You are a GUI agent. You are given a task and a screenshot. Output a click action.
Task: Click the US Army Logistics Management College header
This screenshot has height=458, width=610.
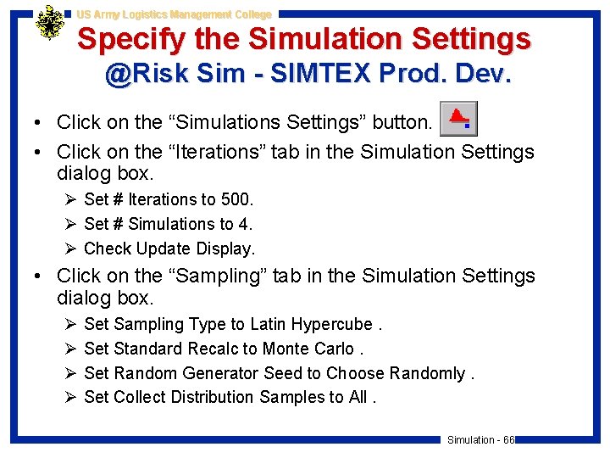(x=174, y=14)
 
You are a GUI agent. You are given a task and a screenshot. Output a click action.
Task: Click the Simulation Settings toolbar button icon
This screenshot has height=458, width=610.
(x=458, y=119)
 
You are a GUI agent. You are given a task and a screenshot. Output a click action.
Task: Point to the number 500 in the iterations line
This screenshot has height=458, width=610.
(x=236, y=199)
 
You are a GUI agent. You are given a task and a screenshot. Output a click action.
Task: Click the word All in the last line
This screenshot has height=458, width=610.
(x=358, y=397)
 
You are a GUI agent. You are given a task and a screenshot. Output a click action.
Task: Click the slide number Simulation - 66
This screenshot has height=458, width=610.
(x=480, y=439)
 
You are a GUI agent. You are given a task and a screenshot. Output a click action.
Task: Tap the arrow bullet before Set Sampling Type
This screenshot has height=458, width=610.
(x=69, y=324)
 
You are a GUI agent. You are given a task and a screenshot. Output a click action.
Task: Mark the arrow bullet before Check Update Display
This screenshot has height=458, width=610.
(x=69, y=249)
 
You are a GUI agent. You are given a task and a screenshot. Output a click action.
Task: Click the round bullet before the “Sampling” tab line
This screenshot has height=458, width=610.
(x=40, y=276)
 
